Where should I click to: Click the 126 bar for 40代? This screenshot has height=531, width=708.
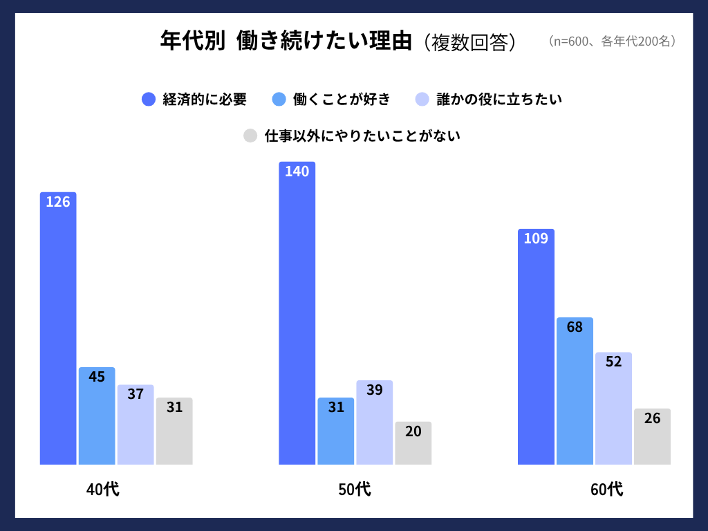pos(58,328)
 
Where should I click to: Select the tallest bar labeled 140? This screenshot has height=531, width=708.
pos(297,313)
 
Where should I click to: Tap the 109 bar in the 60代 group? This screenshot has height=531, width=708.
pos(536,346)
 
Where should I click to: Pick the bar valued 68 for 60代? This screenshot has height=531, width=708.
pos(575,391)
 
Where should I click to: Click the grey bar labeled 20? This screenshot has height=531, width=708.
pos(413,443)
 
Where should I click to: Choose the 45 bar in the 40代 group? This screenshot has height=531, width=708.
pos(97,416)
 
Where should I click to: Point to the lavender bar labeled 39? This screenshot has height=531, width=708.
pos(374,422)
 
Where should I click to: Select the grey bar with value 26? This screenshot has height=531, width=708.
pos(652,436)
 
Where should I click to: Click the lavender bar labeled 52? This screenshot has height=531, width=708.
pos(613,408)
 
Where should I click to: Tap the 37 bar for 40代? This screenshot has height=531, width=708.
pos(136,425)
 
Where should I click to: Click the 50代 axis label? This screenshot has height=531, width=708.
pos(354,490)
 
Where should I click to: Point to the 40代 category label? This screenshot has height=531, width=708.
pos(102,490)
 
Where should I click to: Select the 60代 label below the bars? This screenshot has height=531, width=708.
pos(606,490)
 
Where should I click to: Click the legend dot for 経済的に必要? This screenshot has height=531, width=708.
pos(149,100)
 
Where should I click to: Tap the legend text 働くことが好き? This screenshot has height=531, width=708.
pos(342,100)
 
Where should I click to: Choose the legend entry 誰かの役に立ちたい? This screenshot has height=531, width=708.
pos(499,100)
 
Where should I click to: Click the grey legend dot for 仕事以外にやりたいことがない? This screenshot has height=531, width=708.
pos(250,136)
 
